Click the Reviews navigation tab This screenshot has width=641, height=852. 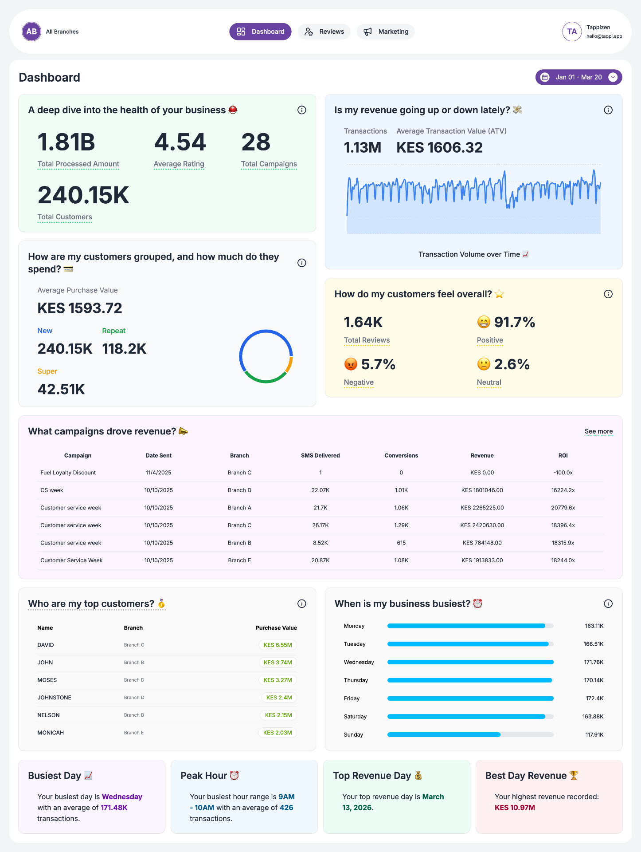click(x=324, y=32)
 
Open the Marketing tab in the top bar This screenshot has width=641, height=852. click(x=386, y=32)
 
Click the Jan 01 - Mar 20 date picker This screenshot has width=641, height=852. click(x=578, y=77)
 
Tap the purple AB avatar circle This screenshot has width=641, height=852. click(x=31, y=32)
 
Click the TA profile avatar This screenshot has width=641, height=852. click(x=572, y=32)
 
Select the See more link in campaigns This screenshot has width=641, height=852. click(x=598, y=431)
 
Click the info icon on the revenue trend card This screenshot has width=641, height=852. click(x=608, y=110)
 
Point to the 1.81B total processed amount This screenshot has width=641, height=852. click(x=66, y=142)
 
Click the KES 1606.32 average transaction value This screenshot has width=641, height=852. click(x=439, y=147)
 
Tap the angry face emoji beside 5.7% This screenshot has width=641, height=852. click(x=351, y=364)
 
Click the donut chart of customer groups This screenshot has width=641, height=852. click(x=266, y=356)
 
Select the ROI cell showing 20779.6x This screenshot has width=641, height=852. click(x=563, y=508)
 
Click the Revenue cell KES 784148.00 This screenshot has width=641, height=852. click(x=482, y=543)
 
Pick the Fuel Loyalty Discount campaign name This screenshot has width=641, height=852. click(x=68, y=473)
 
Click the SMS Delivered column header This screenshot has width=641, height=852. click(x=320, y=456)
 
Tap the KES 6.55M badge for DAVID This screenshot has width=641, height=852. click(x=278, y=645)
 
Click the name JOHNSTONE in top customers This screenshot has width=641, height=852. click(x=54, y=698)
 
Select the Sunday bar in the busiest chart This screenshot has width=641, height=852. click(x=443, y=735)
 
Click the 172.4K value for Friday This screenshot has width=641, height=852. click(x=594, y=698)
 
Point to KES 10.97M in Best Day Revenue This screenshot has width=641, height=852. click(x=515, y=808)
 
